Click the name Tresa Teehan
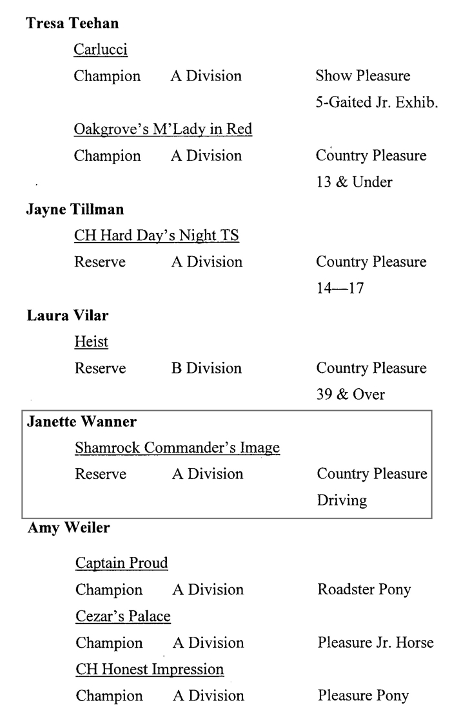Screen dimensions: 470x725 click(x=72, y=23)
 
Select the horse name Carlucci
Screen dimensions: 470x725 click(x=101, y=50)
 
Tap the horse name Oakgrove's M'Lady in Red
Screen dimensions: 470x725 click(x=163, y=129)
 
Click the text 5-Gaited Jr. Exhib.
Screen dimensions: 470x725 click(x=377, y=102)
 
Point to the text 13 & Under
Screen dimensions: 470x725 click(x=354, y=182)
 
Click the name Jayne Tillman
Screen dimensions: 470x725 click(x=75, y=209)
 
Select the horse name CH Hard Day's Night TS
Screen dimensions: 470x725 click(x=157, y=236)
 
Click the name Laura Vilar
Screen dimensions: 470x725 click(x=68, y=315)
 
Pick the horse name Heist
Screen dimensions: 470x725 click(x=91, y=342)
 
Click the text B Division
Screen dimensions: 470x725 click(x=206, y=368)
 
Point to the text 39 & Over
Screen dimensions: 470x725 click(x=351, y=395)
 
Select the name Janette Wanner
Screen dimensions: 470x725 click(x=81, y=422)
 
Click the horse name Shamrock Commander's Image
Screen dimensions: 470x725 click(x=177, y=447)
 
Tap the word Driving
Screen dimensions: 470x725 click(x=342, y=500)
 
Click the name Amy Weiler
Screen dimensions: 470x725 click(x=68, y=527)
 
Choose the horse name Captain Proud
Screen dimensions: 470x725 click(x=122, y=563)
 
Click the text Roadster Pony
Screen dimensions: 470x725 click(x=364, y=589)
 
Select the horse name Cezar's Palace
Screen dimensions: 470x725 click(x=123, y=616)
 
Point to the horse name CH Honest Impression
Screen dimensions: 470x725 click(x=150, y=669)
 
